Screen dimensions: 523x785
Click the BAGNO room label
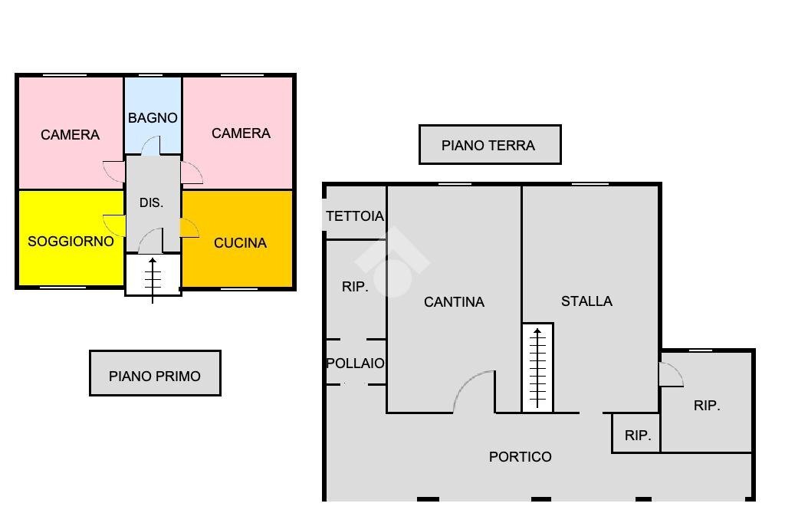(153, 118)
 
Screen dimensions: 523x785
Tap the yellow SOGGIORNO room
(71, 241)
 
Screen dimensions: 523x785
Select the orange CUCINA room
(240, 243)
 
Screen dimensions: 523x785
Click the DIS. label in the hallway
(151, 203)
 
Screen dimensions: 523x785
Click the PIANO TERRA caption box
(489, 145)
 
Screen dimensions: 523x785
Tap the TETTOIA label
(354, 216)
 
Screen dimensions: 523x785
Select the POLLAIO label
(356, 363)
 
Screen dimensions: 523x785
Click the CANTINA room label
(454, 302)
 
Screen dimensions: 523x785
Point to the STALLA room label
(586, 301)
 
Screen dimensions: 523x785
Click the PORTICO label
(520, 457)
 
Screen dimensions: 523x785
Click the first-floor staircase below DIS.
(153, 276)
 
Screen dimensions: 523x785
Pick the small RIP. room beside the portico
(637, 435)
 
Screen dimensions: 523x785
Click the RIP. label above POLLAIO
(355, 287)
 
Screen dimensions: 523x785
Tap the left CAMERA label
(70, 135)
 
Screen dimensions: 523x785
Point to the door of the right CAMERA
(192, 173)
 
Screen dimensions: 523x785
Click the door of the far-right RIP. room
(670, 375)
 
